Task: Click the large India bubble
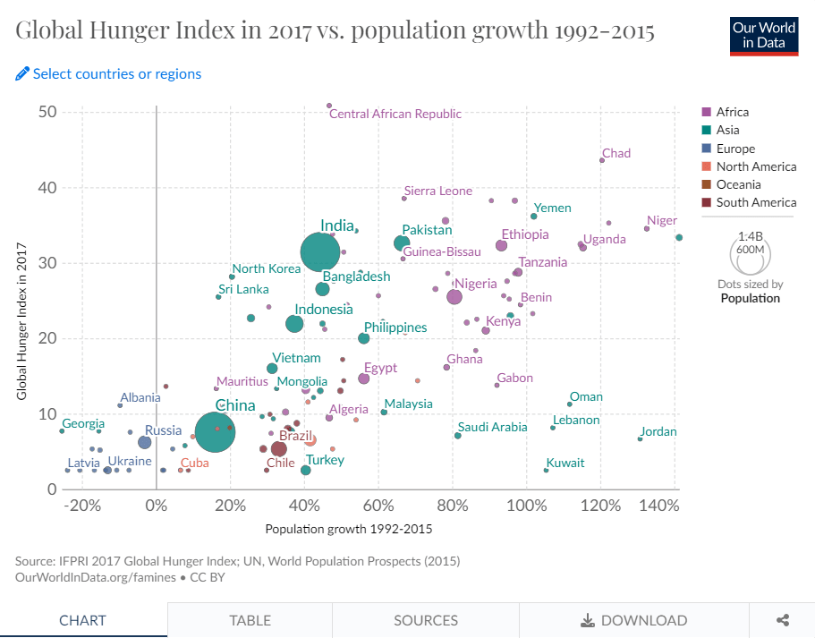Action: (x=318, y=253)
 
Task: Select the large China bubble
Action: (x=216, y=432)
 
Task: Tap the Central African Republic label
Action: (x=395, y=114)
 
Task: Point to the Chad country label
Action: (x=616, y=154)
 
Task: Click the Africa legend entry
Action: (x=732, y=112)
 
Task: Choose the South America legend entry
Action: (x=756, y=202)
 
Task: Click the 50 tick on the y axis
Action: (x=47, y=112)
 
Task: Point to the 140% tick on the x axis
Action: (x=659, y=506)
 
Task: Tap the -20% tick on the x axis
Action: (x=81, y=506)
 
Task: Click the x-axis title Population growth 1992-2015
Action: (x=349, y=529)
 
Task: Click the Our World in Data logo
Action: (x=763, y=35)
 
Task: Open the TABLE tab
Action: (x=250, y=620)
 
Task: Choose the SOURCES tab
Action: (x=426, y=620)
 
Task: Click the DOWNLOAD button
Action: (x=634, y=620)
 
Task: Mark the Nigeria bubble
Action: (x=454, y=297)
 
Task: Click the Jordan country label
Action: (x=658, y=432)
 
